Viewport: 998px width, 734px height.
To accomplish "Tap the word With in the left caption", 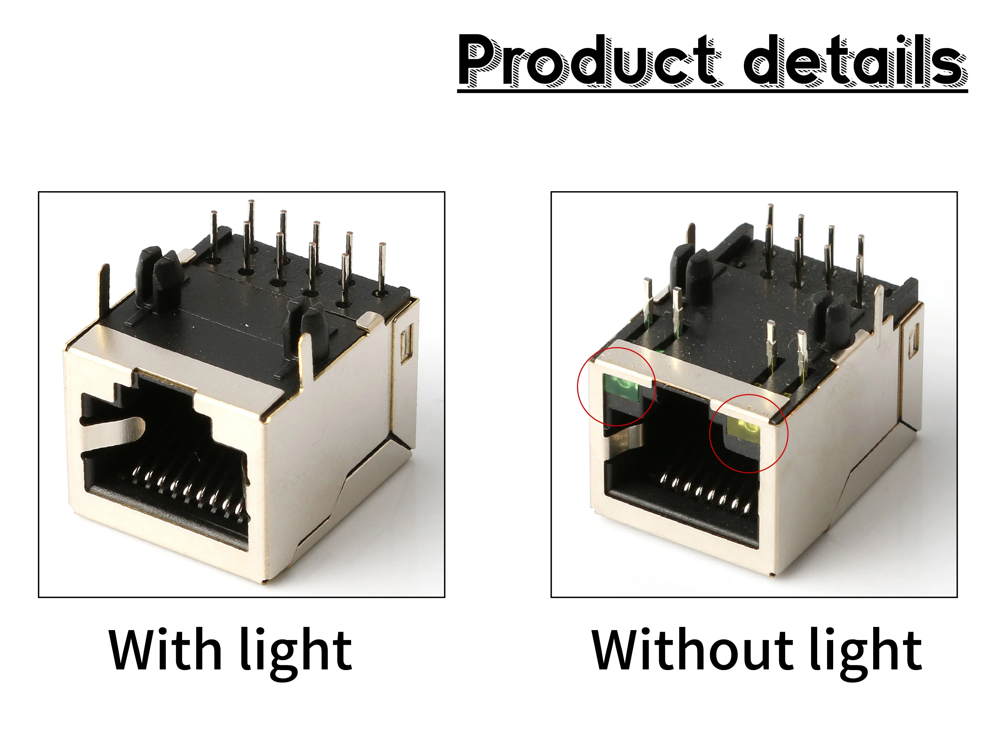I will (165, 650).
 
